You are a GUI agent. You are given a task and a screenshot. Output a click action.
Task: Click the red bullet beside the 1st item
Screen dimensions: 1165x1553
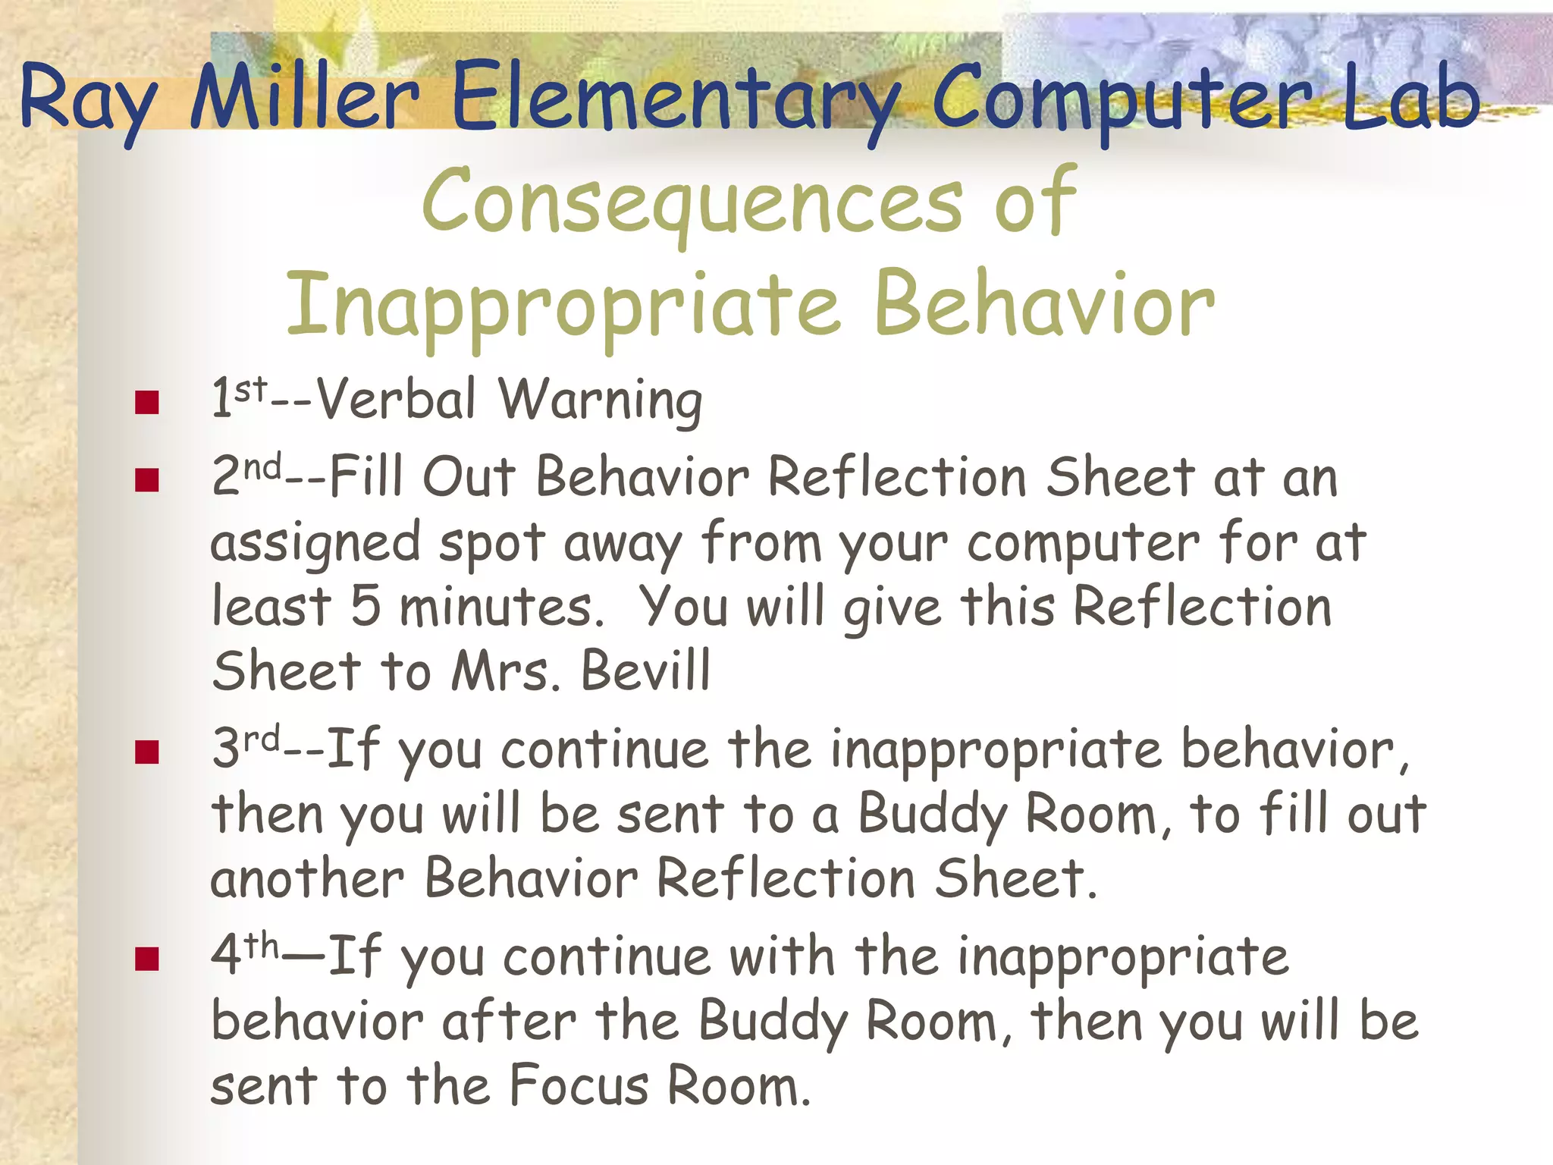(x=146, y=403)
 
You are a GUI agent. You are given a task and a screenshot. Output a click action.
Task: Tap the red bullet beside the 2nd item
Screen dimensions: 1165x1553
(x=146, y=480)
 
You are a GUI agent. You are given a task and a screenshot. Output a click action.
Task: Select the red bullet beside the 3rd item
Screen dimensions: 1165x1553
(x=146, y=752)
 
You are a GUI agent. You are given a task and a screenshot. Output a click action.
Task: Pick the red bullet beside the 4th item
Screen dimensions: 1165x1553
(x=146, y=959)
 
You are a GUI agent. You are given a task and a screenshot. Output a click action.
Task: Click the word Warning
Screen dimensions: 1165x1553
(x=600, y=400)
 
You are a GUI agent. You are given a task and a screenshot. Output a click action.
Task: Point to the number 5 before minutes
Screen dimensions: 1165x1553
(x=366, y=607)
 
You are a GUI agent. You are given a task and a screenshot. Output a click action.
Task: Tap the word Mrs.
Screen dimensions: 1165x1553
(x=505, y=670)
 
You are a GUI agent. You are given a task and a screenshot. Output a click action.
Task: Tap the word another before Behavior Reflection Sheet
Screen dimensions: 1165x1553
(x=307, y=880)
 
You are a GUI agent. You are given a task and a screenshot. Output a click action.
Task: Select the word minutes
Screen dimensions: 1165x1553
(x=500, y=607)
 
